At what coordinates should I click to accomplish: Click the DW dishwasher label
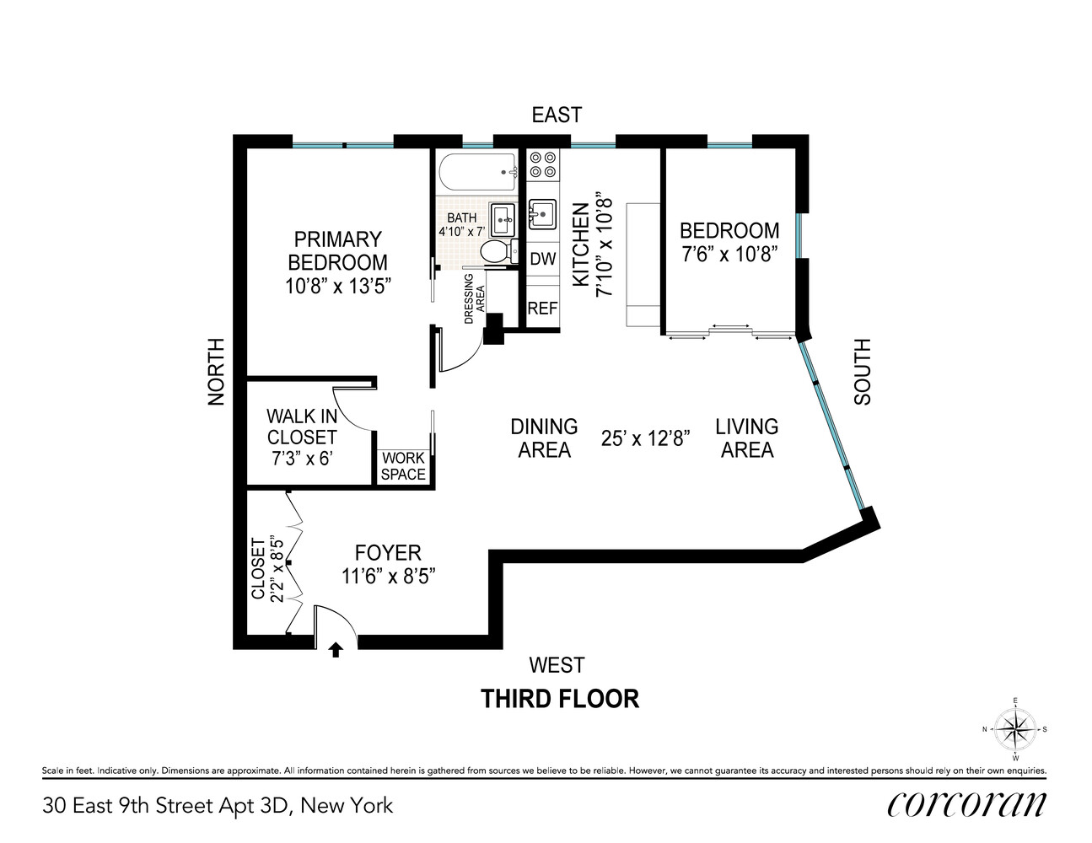tap(543, 259)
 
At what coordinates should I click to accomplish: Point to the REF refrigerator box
tap(542, 309)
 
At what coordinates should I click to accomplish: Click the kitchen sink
tap(541, 214)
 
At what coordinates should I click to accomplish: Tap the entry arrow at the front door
tap(336, 649)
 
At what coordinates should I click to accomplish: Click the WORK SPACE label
tap(403, 466)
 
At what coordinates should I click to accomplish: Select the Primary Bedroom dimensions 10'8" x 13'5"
tap(337, 286)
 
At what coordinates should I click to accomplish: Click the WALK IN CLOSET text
tap(302, 427)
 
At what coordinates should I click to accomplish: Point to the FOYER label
tap(388, 553)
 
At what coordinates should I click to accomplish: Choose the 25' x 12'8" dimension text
tap(646, 438)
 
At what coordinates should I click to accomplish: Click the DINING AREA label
tap(544, 438)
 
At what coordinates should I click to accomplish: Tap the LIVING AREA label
tap(747, 438)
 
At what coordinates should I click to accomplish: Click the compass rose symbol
tap(1015, 729)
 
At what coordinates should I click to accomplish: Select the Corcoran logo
tap(966, 805)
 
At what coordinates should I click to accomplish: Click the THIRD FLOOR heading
tap(559, 699)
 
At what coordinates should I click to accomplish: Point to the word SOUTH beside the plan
tap(862, 372)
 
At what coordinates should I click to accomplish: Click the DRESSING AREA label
tap(476, 298)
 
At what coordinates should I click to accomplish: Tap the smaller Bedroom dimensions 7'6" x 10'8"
tap(729, 253)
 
